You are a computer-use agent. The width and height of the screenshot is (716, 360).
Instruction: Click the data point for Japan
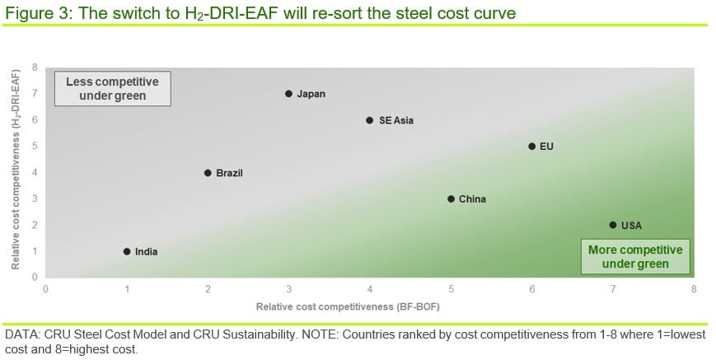pos(288,94)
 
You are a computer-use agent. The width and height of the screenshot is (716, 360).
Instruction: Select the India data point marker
pos(127,251)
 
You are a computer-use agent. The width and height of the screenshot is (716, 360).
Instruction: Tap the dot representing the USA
pos(613,225)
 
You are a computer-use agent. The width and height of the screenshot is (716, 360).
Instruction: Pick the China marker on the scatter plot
pos(451,199)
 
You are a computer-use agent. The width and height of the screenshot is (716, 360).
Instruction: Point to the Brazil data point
pos(208,173)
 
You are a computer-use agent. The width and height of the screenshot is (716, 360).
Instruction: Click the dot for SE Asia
pos(369,120)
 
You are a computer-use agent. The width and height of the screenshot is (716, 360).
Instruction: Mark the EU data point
pos(531,147)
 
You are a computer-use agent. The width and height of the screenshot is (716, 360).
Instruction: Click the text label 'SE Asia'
pos(395,120)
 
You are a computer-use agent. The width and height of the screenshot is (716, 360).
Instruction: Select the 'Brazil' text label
pos(229,173)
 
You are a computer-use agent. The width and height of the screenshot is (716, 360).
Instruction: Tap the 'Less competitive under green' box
pos(113,89)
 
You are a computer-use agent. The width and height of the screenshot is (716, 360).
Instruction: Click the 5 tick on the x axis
pos(451,289)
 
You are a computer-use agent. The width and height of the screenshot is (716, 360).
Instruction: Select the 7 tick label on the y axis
pos(34,94)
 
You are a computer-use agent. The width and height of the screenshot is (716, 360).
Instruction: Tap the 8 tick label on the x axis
pos(694,289)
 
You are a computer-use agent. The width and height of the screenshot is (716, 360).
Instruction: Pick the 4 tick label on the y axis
pos(34,173)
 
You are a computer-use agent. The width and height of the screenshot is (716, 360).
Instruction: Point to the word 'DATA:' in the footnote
pos(22,335)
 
